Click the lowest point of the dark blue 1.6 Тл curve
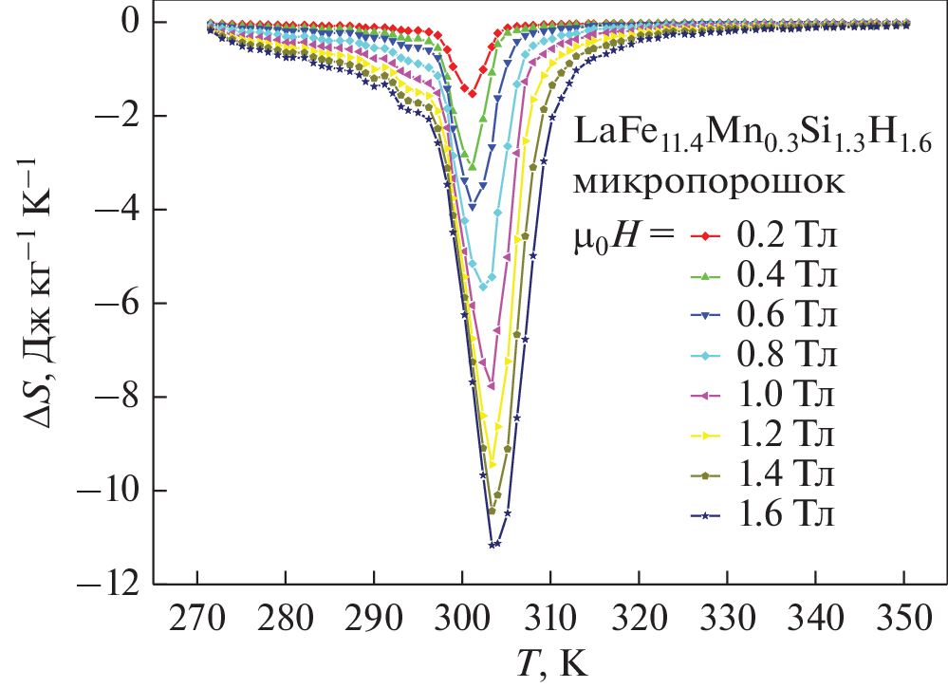[x=492, y=545]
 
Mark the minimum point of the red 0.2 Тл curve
[x=472, y=93]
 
